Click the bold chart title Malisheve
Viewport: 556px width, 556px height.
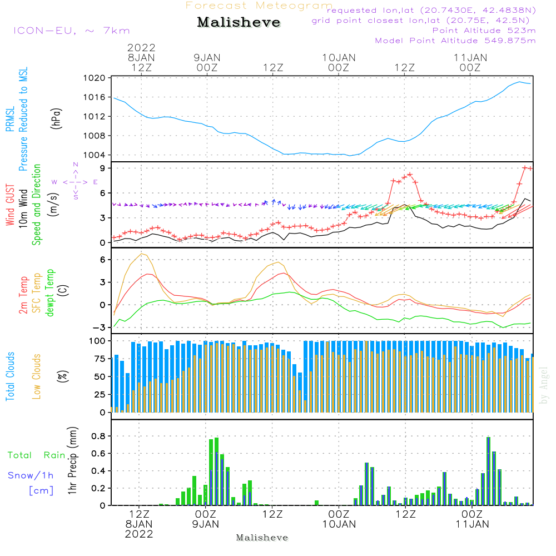239,23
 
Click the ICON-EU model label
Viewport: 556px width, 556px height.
71,31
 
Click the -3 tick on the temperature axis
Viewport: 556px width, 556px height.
101,327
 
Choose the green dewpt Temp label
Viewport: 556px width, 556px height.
49,292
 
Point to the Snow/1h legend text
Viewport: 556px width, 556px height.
31,475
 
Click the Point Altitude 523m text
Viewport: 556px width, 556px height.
484,31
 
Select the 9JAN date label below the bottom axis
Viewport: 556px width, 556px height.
206,524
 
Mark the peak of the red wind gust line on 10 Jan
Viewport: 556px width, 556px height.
410,174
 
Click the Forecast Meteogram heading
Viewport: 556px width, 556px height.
259,6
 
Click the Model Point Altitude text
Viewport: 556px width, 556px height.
455,41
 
